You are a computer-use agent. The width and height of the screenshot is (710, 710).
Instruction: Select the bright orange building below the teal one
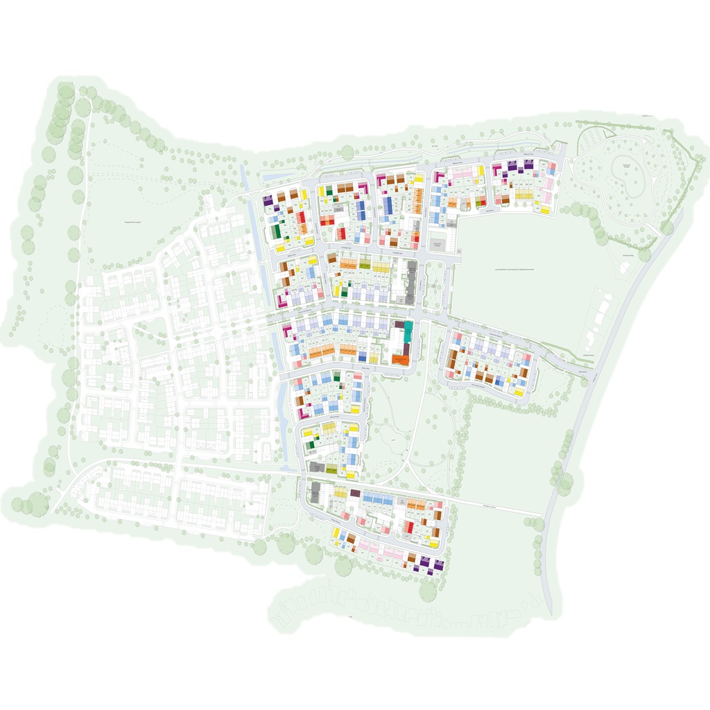tap(399, 359)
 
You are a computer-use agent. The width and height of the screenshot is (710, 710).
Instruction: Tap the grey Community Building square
tap(438, 245)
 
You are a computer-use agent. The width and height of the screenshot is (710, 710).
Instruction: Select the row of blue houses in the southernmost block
tap(379, 499)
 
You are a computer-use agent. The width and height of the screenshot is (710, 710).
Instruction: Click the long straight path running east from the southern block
tap(492, 504)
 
